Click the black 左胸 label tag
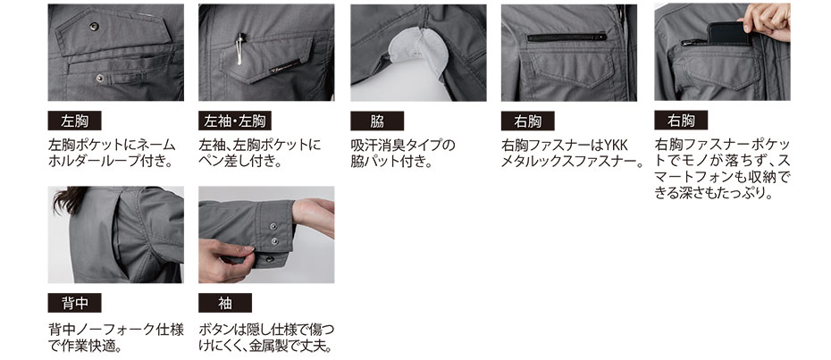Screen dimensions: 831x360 (x=74, y=121)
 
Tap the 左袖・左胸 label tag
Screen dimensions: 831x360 (x=235, y=121)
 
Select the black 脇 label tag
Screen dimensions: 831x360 (x=377, y=121)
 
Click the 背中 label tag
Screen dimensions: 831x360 (x=74, y=303)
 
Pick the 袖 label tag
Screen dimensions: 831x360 (x=224, y=303)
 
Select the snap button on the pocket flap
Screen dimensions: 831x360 (x=94, y=25)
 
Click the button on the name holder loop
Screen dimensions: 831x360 (x=100, y=79)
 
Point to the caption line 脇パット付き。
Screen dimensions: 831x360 (x=391, y=161)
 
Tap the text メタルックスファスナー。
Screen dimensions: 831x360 (x=571, y=161)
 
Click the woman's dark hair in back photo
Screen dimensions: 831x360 (x=69, y=199)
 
